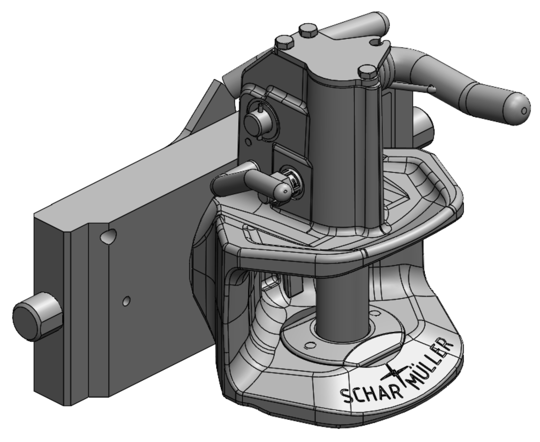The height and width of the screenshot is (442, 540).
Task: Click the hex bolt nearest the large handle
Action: pyautogui.click(x=367, y=73)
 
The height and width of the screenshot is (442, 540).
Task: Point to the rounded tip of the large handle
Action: pyautogui.click(x=518, y=109)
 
